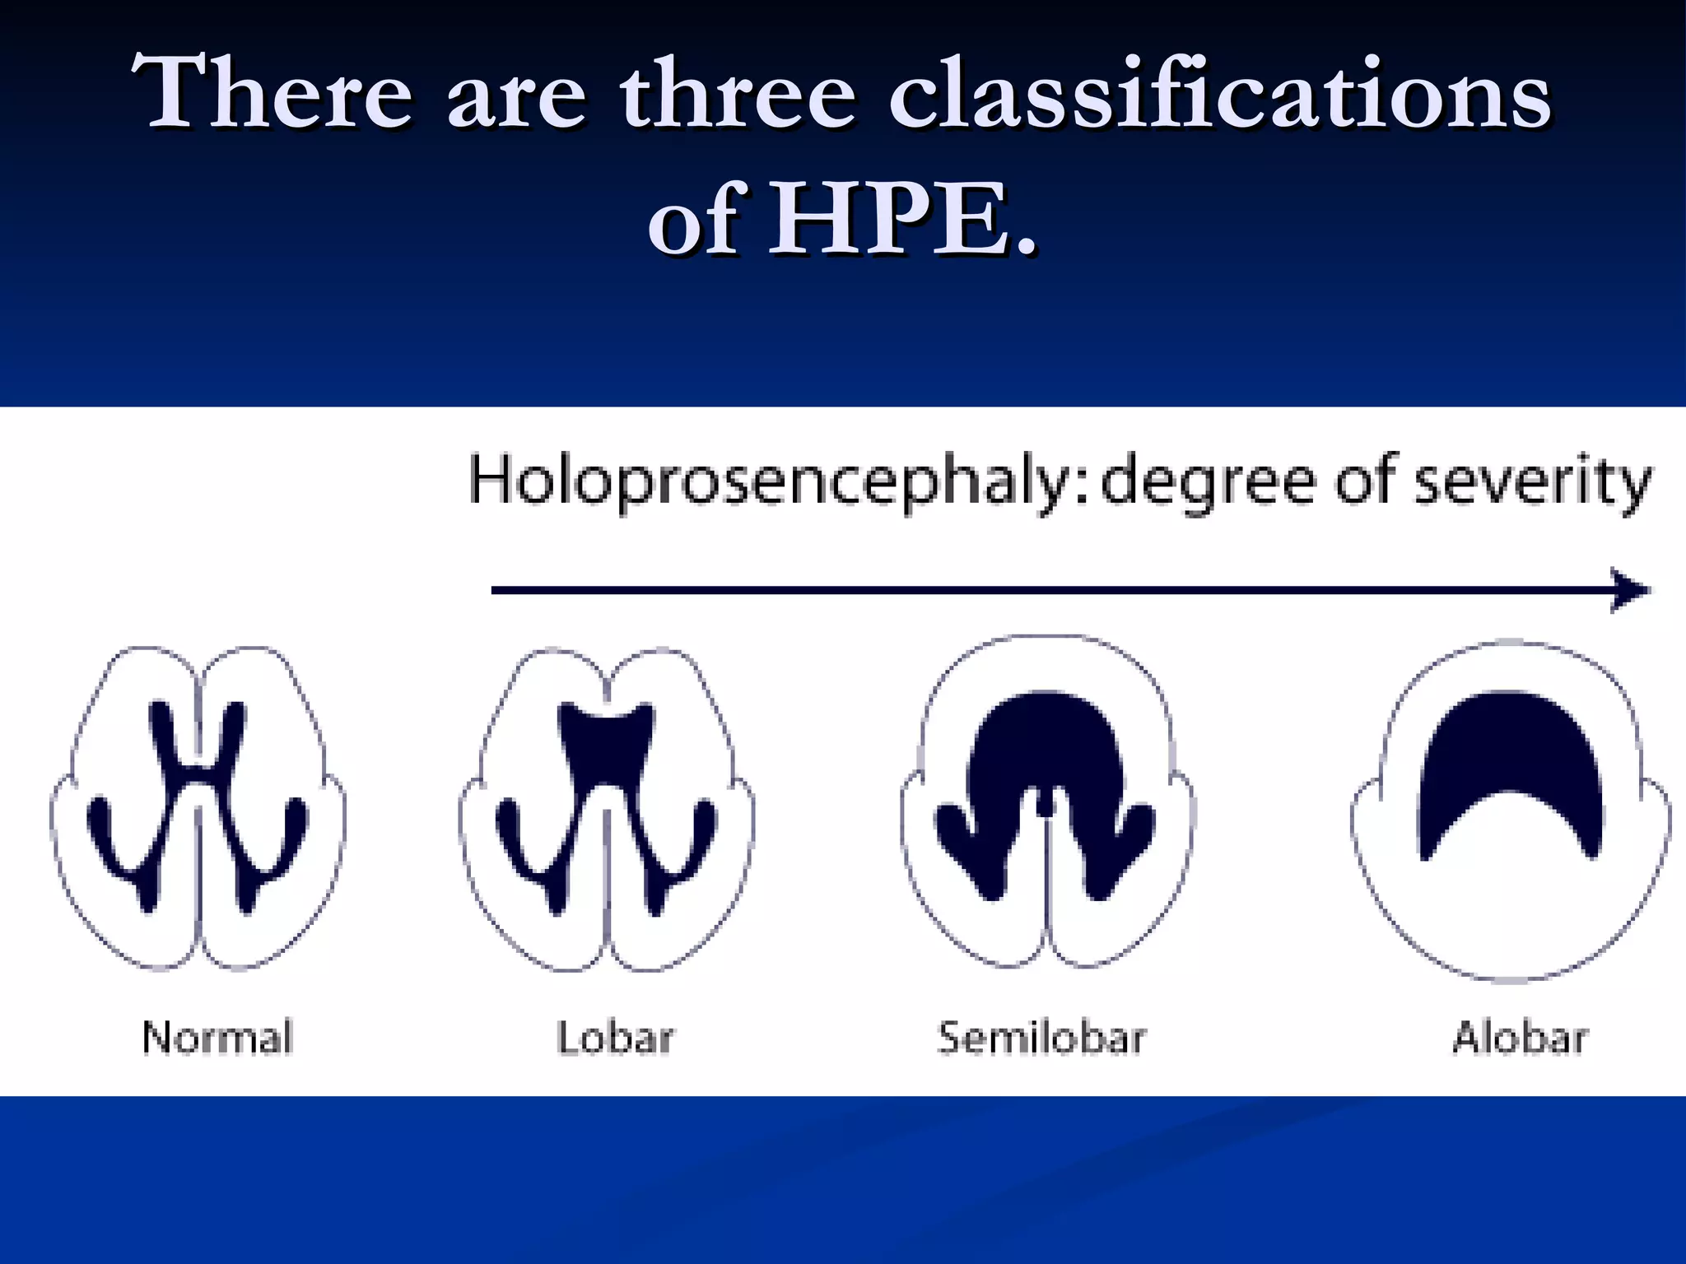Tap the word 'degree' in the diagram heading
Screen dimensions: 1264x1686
click(1208, 484)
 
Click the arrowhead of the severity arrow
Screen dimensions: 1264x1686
click(1630, 590)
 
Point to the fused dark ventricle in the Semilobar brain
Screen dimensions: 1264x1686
click(1044, 741)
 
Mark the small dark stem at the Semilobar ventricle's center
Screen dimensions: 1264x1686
click(1044, 802)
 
